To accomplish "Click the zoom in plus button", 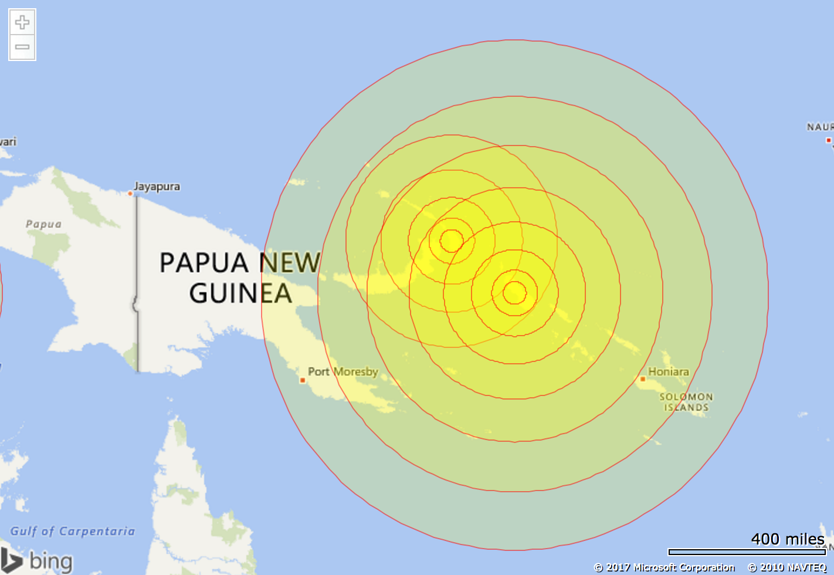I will [22, 22].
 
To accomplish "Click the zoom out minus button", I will [22, 47].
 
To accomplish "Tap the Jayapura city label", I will [157, 187].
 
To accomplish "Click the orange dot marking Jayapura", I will [130, 193].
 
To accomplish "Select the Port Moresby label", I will [343, 371].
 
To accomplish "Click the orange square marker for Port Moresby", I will [303, 380].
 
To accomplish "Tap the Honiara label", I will [669, 371].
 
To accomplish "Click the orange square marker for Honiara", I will [643, 379].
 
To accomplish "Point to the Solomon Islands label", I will [686, 402].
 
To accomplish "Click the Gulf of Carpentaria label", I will [73, 531].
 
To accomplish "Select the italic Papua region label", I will [43, 224].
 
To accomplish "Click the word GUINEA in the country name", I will [240, 293].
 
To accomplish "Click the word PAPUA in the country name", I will [204, 263].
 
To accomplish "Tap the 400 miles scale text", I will [788, 539].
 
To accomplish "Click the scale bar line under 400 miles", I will [747, 552].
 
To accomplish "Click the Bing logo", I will [36, 560].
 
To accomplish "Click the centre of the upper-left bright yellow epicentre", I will [452, 240].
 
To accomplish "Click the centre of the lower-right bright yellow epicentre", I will [514, 292].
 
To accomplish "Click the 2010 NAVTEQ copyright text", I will [787, 567].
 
